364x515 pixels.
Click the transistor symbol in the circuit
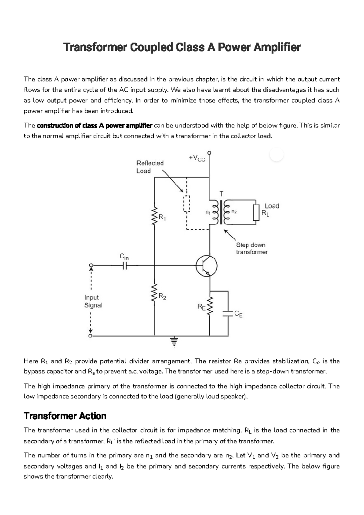coord(207,266)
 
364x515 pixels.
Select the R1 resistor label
coord(162,218)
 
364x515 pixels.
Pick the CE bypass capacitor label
coord(238,314)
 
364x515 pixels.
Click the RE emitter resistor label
coord(201,307)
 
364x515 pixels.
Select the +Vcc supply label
coord(197,158)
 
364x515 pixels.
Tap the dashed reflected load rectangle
coord(186,203)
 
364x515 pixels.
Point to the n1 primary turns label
coord(207,212)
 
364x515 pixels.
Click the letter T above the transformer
coord(221,193)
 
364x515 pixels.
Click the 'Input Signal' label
coord(93,301)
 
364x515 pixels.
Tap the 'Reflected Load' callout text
coord(150,167)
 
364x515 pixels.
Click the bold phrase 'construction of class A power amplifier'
coord(94,126)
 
